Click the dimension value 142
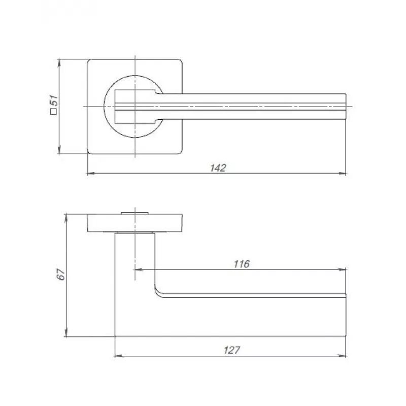218,168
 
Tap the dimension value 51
55,100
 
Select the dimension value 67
61,274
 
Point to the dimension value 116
242,264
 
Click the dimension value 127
232,350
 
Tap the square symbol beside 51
53,112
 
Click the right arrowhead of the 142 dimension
343,174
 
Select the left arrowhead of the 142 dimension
91,174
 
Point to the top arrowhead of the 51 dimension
59,63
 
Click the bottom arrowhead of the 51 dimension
59,150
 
